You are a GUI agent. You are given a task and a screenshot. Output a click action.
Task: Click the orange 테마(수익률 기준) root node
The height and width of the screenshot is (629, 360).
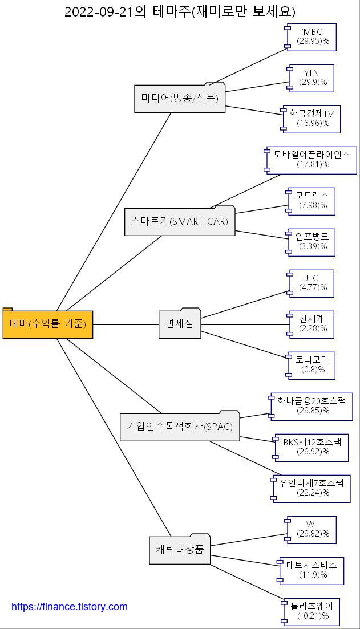coord(48,324)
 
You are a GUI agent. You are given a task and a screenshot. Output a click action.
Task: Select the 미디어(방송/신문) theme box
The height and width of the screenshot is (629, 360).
coord(180,98)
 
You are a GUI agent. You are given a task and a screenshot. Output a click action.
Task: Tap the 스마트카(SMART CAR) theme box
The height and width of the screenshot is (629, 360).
coord(180,221)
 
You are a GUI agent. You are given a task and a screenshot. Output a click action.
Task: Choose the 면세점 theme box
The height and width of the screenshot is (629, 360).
coord(180,324)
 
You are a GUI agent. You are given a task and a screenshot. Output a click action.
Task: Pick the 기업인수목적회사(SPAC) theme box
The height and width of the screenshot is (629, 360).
coord(180,427)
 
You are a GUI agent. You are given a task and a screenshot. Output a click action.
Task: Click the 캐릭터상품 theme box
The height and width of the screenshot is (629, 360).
coord(180,550)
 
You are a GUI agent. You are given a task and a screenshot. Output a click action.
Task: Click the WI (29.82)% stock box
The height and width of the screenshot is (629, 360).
coord(312,529)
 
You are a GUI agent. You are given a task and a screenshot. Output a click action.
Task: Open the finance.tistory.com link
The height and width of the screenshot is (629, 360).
coord(70,607)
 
